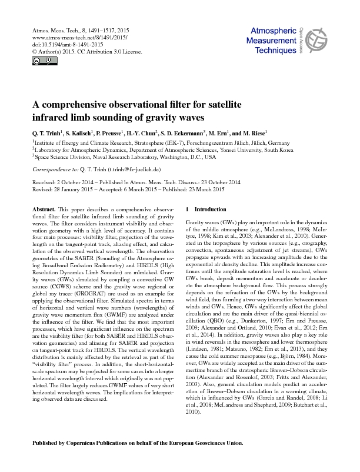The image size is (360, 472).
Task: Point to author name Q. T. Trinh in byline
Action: click(46, 133)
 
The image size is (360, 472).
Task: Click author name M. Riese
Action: click(254, 133)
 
